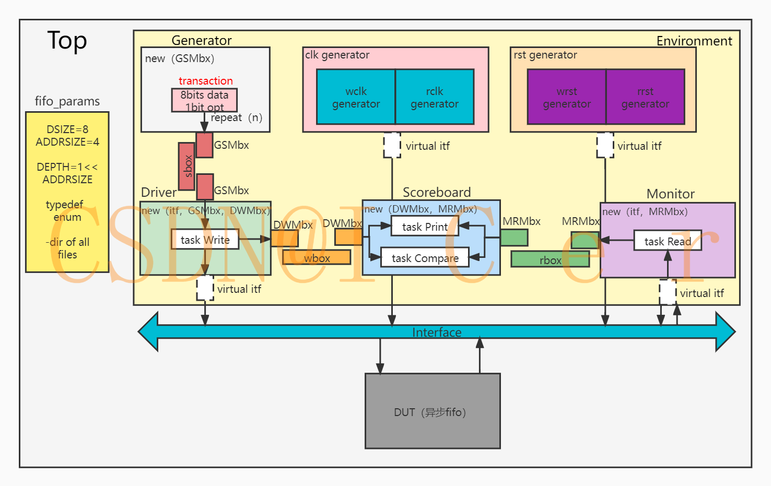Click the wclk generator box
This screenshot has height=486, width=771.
(356, 97)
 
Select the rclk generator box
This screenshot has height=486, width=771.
(435, 97)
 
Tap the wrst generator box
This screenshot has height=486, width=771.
(567, 97)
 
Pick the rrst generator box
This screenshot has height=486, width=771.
(645, 97)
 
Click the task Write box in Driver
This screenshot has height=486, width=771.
(205, 240)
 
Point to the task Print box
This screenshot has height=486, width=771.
(425, 227)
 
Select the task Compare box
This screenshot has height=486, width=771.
(425, 258)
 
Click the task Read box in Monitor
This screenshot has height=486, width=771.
(667, 241)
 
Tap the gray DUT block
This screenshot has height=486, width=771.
(433, 411)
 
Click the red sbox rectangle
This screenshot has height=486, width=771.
(186, 167)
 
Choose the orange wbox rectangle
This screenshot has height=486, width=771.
(317, 257)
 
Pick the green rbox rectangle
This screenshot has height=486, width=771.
(550, 259)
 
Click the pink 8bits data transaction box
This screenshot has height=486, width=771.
(204, 100)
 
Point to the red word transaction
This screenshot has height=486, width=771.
(205, 81)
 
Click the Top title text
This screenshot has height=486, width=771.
(67, 40)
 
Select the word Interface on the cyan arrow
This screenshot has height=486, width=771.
(437, 333)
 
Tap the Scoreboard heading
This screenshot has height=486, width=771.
(437, 192)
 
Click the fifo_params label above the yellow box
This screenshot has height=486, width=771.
(67, 101)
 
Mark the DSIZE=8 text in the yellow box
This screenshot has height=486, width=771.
(67, 129)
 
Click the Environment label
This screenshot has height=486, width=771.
(694, 41)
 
